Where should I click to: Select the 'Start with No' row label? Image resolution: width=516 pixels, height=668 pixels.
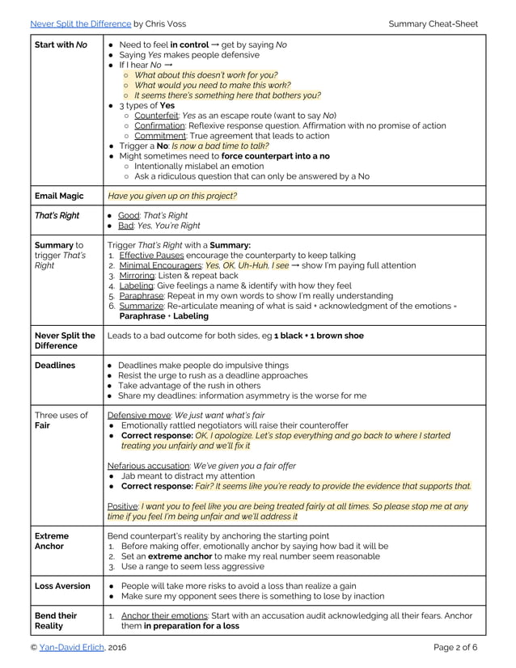click(x=61, y=44)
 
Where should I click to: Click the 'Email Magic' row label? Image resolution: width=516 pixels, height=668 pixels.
click(x=61, y=196)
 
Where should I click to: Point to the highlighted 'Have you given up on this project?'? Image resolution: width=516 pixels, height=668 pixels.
click(x=173, y=196)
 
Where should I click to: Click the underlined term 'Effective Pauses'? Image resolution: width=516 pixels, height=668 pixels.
click(x=153, y=255)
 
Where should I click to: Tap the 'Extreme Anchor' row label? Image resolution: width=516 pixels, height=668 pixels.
click(x=52, y=540)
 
